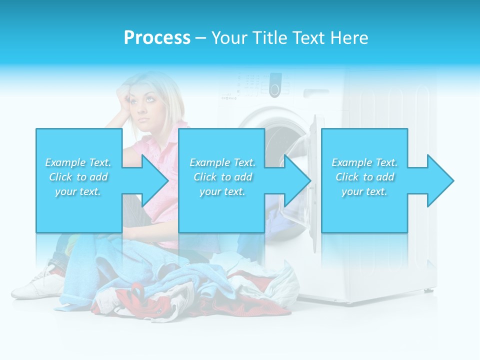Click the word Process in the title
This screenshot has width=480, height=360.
tap(157, 38)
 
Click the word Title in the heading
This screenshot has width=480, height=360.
tap(269, 38)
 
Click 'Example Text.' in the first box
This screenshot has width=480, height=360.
tap(78, 162)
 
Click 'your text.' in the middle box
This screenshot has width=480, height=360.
tap(222, 191)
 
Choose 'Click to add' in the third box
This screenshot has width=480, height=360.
tap(364, 177)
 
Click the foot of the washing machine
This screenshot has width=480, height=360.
tap(427, 290)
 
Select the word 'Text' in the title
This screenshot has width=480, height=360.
tap(308, 38)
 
